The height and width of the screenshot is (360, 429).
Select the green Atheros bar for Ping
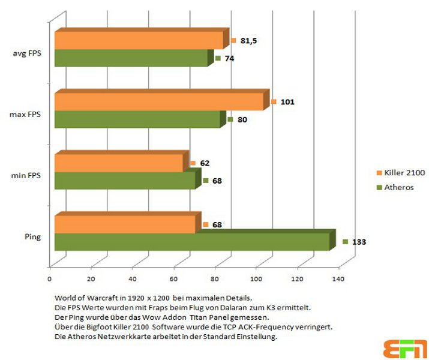(195, 240)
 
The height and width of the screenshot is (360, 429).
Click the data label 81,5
(248, 41)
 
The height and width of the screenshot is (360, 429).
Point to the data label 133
(359, 242)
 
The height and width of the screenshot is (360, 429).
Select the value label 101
(287, 102)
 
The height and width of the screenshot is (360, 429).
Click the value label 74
(229, 59)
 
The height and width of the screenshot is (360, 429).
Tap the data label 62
(205, 163)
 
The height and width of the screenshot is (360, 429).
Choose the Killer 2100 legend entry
(401, 173)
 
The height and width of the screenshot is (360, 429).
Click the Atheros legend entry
(395, 187)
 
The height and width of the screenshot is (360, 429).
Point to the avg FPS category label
(27, 53)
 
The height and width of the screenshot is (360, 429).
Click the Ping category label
(33, 236)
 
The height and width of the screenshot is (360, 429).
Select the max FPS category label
(25, 114)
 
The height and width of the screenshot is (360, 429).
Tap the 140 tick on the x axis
(338, 279)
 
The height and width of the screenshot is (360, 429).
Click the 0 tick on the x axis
(49, 279)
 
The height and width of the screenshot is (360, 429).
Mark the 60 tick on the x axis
(173, 279)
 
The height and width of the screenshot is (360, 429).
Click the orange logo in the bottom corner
(405, 349)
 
